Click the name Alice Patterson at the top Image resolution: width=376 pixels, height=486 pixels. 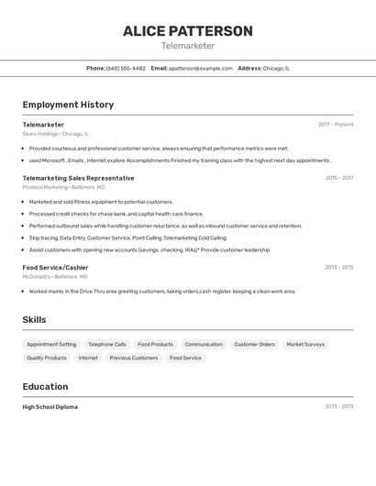[x=188, y=31]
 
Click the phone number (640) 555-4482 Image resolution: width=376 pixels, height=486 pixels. [x=126, y=68]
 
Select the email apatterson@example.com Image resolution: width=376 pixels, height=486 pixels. [x=201, y=68]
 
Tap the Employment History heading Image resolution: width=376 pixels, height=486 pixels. [x=68, y=105]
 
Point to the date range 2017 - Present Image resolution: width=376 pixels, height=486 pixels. [x=336, y=125]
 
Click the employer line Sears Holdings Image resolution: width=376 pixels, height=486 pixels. [x=56, y=134]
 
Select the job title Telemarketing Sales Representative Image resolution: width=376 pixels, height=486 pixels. [x=78, y=178]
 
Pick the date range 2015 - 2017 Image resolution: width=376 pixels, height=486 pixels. [x=338, y=178]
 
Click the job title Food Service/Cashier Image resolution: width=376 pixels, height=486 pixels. [x=55, y=267]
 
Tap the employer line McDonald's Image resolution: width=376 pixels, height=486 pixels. [x=55, y=276]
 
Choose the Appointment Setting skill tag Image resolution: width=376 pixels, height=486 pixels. [x=51, y=345]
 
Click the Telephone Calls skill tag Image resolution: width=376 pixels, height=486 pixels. [x=107, y=345]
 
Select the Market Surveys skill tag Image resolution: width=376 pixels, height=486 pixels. [x=305, y=345]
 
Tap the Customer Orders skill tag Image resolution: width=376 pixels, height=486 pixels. [x=254, y=345]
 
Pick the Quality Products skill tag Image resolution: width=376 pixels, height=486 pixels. [x=47, y=358]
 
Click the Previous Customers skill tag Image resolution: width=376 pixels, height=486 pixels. [x=134, y=358]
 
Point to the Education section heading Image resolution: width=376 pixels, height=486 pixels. [x=45, y=387]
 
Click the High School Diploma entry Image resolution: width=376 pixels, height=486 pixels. [x=50, y=406]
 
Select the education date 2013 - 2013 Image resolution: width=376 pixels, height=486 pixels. [x=338, y=406]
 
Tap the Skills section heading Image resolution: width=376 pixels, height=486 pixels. [x=35, y=320]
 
